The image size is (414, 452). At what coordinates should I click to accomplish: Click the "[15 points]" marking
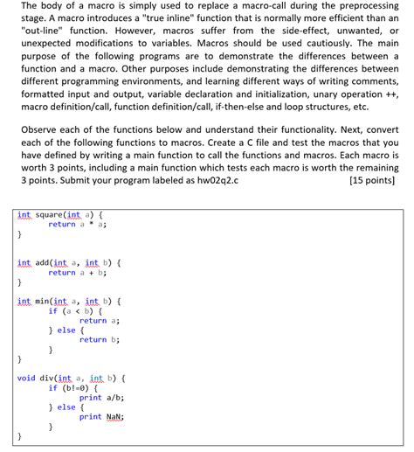(x=370, y=182)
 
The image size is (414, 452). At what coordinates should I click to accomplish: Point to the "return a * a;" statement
(x=77, y=225)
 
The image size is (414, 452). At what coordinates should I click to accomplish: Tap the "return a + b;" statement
(x=77, y=273)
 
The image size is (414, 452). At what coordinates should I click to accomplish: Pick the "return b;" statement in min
(x=99, y=340)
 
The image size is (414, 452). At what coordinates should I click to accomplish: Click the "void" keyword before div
(x=26, y=379)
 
